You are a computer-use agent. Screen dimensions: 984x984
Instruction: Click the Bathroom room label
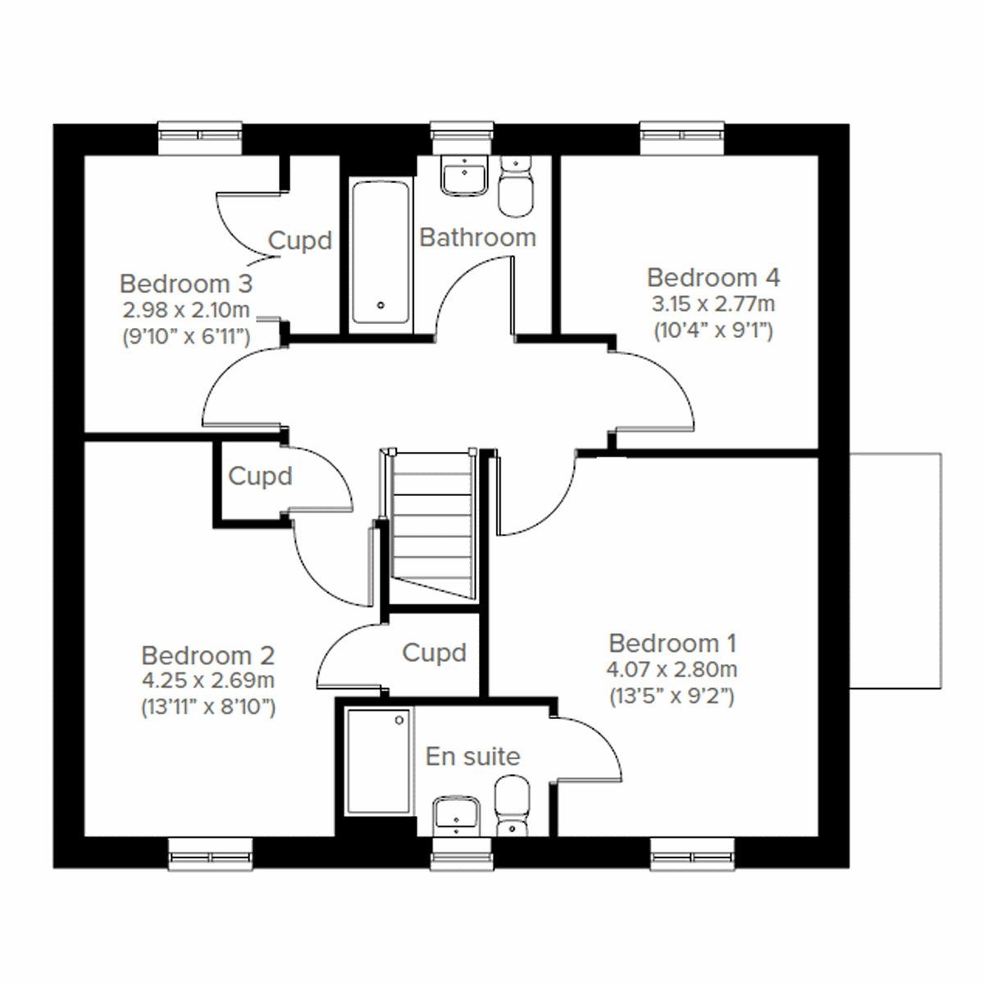pyautogui.click(x=477, y=238)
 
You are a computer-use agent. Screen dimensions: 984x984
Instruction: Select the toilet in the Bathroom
pyautogui.click(x=516, y=188)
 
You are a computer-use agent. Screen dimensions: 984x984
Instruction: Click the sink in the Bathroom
pyautogui.click(x=464, y=175)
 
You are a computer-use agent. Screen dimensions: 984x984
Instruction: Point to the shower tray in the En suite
pyautogui.click(x=378, y=762)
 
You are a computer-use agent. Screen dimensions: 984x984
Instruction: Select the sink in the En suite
pyautogui.click(x=457, y=813)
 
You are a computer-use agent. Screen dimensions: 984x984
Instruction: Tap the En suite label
pyautogui.click(x=472, y=756)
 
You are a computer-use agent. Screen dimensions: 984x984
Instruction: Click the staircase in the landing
pyautogui.click(x=434, y=525)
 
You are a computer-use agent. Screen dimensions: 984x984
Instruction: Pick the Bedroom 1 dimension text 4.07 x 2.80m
pyautogui.click(x=672, y=669)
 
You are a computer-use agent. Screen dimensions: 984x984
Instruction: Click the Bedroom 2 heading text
pyautogui.click(x=207, y=655)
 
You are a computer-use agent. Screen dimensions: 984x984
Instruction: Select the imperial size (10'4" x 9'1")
pyautogui.click(x=713, y=331)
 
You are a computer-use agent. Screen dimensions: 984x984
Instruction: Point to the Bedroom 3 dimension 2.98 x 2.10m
pyautogui.click(x=185, y=311)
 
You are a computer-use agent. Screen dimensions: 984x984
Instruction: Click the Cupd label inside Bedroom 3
pyautogui.click(x=300, y=241)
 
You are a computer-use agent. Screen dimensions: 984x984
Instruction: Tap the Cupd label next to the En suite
pyautogui.click(x=434, y=653)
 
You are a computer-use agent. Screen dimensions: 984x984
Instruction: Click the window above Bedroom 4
pyautogui.click(x=682, y=138)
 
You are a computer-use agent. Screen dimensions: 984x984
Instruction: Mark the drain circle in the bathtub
pyautogui.click(x=380, y=305)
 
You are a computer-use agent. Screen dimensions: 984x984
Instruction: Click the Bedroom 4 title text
pyautogui.click(x=713, y=277)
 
